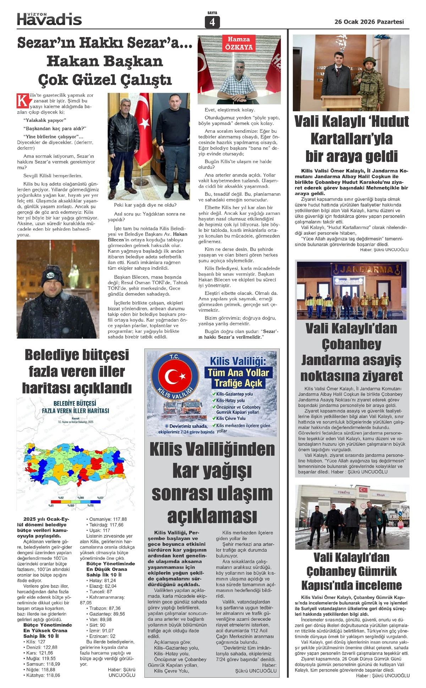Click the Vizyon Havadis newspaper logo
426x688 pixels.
click(49, 19)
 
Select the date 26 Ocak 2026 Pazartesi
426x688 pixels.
click(369, 22)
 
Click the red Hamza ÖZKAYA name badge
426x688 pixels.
click(239, 43)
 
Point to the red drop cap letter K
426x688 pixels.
click(23, 100)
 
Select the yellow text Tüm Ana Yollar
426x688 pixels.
click(238, 372)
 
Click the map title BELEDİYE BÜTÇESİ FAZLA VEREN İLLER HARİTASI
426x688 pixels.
click(75, 407)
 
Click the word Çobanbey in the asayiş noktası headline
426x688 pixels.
click(351, 344)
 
